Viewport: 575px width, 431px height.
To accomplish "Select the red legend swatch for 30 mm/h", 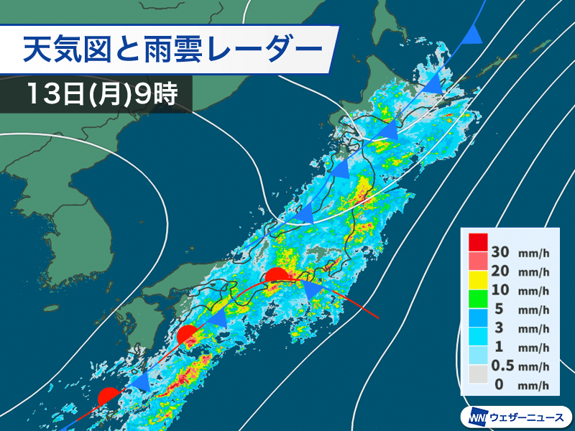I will click(x=477, y=243).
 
